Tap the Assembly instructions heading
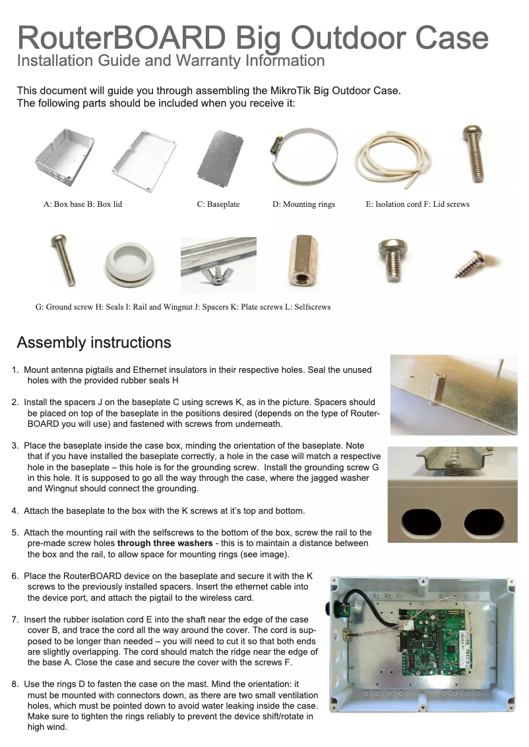(x=94, y=343)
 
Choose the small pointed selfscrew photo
(x=472, y=263)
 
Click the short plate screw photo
(x=390, y=260)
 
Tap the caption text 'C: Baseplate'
(x=218, y=204)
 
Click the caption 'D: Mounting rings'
(x=303, y=204)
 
